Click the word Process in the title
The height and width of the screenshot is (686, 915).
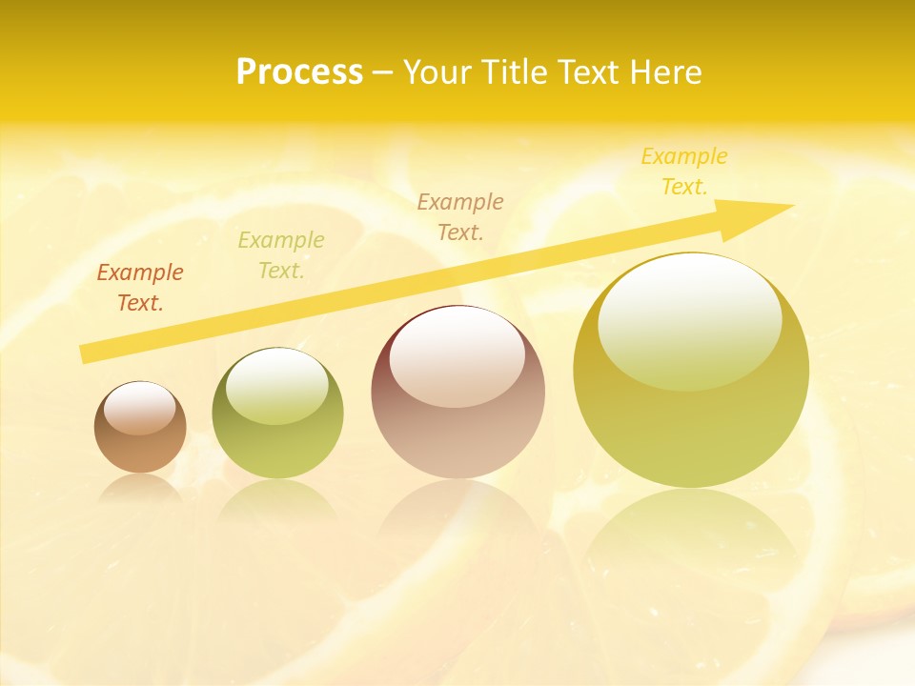299,72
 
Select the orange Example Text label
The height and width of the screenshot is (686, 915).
139,288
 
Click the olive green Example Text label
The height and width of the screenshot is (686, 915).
280,255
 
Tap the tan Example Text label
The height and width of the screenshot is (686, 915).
459,216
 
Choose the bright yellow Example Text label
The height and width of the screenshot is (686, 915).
683,171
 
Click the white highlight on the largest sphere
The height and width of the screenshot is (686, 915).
690,319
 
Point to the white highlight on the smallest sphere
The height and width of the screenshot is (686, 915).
140,409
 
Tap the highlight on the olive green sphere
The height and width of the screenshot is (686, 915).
277,385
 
